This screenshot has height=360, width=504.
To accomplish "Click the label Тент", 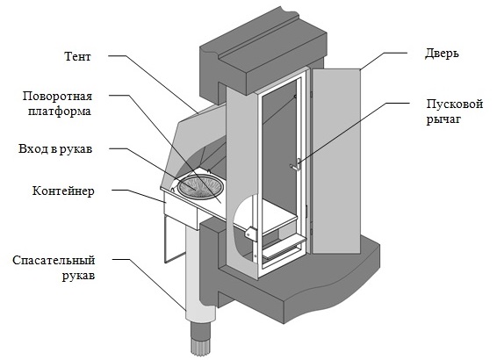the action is point(78,56).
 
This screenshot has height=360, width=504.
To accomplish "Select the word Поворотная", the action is point(57,96).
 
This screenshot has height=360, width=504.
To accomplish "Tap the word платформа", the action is point(60,112).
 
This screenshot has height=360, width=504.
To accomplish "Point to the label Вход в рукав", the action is point(55,148).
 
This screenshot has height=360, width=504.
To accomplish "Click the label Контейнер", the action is point(63,191).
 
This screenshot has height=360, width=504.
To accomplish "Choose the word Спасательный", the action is point(54,260).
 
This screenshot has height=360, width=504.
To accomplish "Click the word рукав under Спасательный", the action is point(78,276).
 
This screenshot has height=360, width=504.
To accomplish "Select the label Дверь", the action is point(442,54).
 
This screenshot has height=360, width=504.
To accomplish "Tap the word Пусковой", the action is point(455,104).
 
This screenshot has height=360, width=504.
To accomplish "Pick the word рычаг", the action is point(443,119).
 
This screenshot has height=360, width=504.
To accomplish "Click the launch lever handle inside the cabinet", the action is point(295,165).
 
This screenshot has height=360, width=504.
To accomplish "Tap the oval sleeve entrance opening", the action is point(201,187).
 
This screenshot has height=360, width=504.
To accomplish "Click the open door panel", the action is point(336,161).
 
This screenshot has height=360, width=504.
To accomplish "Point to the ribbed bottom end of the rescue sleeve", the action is point(199,337).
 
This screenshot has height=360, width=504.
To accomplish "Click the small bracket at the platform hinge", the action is point(251,233).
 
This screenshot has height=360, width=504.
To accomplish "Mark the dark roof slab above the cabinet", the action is point(263,54).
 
